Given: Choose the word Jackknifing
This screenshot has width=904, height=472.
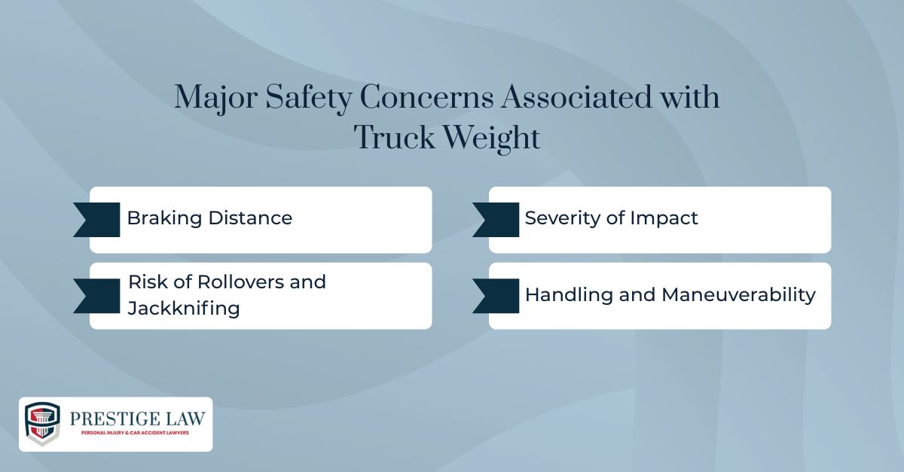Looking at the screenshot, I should coord(183,308).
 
